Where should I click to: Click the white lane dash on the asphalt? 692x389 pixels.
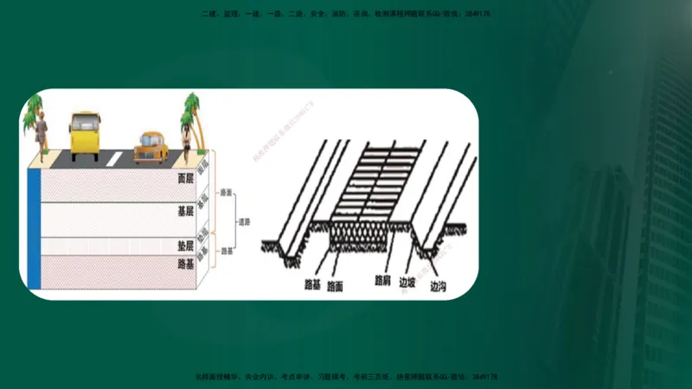tap(115, 158)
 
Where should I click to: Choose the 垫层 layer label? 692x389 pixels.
tap(184, 246)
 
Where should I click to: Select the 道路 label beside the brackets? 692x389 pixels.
tap(247, 221)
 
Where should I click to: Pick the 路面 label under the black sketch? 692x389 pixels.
tap(336, 284)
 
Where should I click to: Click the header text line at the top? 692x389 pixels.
tap(346, 14)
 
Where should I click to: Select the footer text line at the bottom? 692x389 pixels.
tap(346, 377)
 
